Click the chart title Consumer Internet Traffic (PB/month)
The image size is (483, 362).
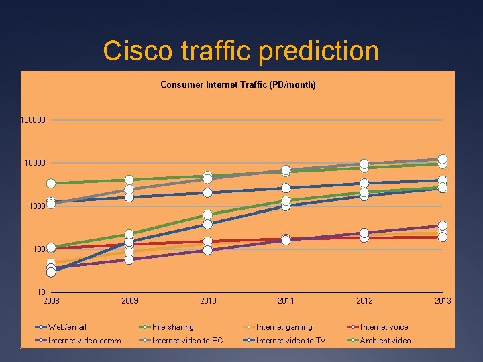point(238,85)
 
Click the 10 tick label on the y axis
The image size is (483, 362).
point(41,292)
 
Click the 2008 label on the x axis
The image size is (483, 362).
point(51,301)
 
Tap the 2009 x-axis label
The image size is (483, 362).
point(129,301)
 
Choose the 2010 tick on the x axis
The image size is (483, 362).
point(208,301)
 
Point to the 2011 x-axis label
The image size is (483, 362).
point(286,301)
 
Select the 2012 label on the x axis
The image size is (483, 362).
point(364,301)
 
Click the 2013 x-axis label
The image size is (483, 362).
point(443,301)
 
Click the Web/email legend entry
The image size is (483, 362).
point(67,327)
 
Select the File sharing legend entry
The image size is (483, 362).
point(172,327)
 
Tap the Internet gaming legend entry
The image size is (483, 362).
point(284,327)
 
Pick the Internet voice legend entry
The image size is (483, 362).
point(384,327)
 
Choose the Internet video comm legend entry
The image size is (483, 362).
point(85,341)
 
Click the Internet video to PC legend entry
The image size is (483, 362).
point(187,341)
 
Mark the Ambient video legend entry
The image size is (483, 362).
point(385,341)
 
